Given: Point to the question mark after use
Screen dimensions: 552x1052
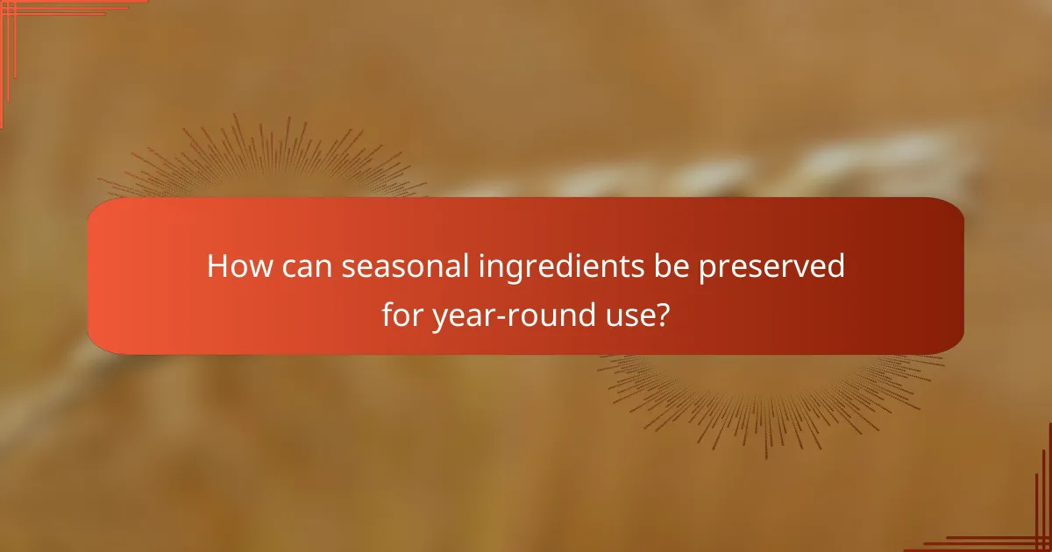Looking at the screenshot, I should tap(665, 313).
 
